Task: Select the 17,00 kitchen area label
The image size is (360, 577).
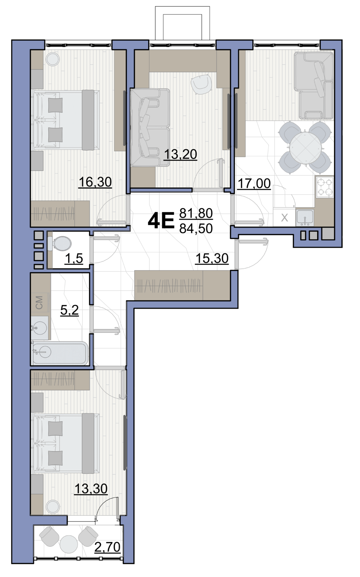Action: tap(254, 184)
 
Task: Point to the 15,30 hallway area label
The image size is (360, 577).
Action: tap(212, 258)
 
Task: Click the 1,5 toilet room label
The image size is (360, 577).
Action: tap(74, 258)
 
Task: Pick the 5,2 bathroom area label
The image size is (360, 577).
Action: tap(70, 310)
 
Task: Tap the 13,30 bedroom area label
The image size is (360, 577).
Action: tap(91, 488)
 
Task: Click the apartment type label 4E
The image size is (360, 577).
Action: tap(161, 221)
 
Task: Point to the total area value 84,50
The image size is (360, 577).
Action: tap(196, 228)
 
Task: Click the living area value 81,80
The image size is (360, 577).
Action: tap(196, 213)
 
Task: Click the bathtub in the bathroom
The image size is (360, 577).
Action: tap(60, 353)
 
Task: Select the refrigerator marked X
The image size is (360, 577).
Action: tap(285, 218)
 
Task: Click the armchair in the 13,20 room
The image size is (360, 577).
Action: tap(201, 83)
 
